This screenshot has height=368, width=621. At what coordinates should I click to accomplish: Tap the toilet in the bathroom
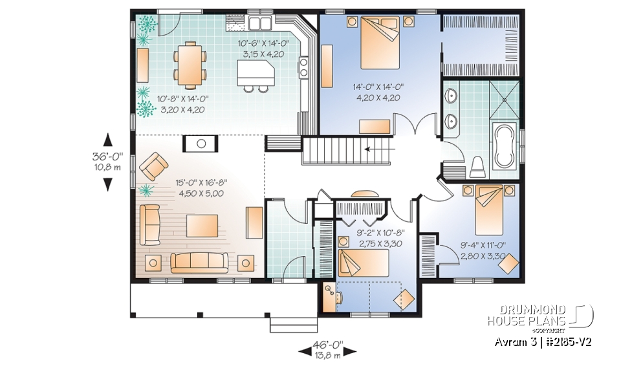[x=478, y=166]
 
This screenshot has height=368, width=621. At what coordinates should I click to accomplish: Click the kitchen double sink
[x=260, y=24]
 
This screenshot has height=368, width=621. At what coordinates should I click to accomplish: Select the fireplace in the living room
[x=201, y=143]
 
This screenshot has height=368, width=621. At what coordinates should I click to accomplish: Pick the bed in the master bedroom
[x=378, y=41]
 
